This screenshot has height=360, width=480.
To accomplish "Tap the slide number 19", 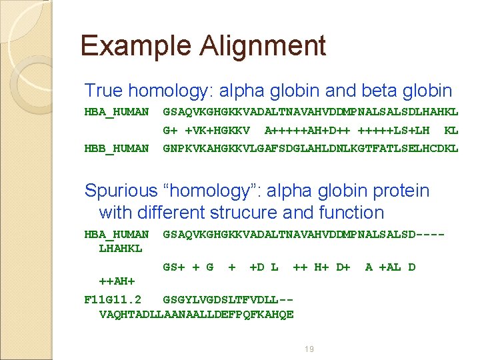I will coord(309,349).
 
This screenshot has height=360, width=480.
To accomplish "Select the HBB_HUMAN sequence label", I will coord(117,148).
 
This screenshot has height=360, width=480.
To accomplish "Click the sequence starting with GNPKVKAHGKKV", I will coord(311,148).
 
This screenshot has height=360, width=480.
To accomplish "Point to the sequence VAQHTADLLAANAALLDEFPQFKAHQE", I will coord(196,314).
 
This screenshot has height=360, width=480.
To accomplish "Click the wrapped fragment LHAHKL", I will coord(121,249).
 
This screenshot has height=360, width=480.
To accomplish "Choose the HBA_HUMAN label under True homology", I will coord(117,111).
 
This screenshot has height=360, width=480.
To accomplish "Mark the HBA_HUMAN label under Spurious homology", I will coord(117,234).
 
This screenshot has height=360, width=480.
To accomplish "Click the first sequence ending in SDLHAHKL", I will coord(311,111).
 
